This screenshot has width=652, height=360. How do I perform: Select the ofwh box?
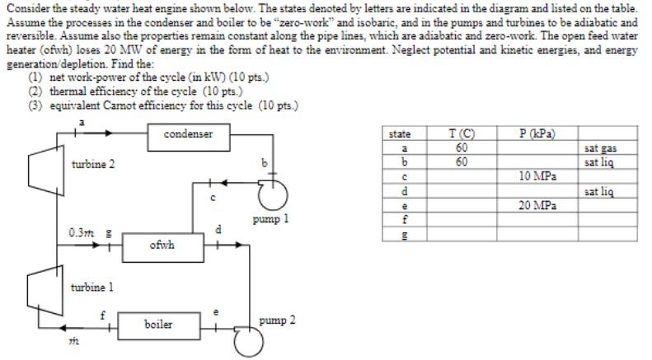click(x=161, y=245)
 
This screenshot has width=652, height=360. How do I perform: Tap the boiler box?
click(x=158, y=324)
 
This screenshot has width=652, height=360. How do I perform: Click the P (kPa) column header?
click(x=537, y=134)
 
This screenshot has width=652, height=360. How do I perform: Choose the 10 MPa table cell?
click(x=537, y=176)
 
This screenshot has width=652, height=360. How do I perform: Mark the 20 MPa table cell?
click(x=537, y=205)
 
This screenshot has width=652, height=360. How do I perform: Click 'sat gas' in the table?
click(x=599, y=148)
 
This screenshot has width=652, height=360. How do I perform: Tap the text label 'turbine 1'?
click(x=92, y=287)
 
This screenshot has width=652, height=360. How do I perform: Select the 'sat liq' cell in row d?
click(x=599, y=191)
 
